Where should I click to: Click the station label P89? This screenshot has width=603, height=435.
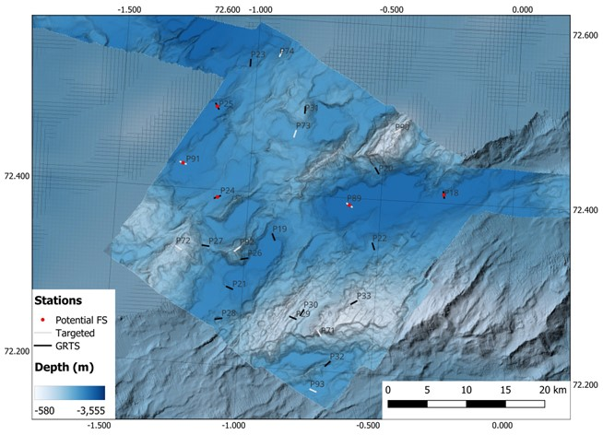coord(353,198)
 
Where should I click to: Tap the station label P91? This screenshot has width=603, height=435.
coord(193,159)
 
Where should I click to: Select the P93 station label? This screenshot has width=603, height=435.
coord(317,384)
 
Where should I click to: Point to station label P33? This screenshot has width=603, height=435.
coord(363,296)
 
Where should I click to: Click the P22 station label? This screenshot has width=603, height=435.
coord(379,239)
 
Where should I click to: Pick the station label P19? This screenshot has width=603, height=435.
coord(279,229)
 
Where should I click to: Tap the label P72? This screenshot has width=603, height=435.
coord(183,241)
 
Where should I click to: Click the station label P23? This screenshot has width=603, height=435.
coord(258,55)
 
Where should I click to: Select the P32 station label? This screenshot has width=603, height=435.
coord(337,357)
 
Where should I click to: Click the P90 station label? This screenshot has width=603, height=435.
coord(402,127)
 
